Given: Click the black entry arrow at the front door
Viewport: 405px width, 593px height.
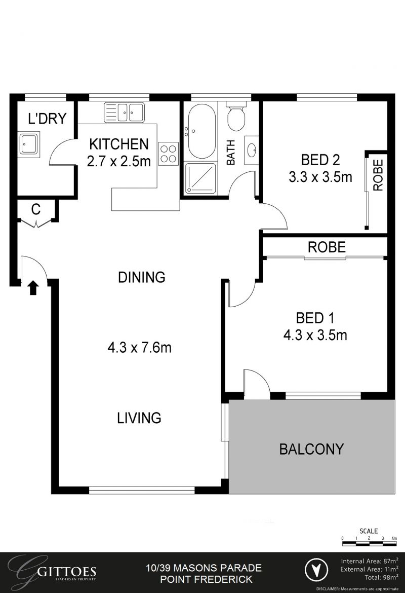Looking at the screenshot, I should (33, 288).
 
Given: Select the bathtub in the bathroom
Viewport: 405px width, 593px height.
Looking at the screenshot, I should (201, 131).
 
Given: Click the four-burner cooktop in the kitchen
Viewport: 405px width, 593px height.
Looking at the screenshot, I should (169, 154).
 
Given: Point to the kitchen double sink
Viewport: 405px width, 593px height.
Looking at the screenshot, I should (125, 112).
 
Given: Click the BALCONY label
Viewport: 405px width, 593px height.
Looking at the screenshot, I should (311, 449).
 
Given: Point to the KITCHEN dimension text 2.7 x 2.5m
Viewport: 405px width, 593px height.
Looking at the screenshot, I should (119, 162).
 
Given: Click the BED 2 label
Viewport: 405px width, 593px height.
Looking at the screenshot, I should (320, 160).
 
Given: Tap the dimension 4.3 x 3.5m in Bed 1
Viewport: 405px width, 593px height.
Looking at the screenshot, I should (314, 335).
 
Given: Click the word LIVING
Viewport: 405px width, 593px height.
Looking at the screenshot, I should (139, 418).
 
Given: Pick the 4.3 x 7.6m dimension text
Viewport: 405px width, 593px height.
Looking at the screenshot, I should (139, 348).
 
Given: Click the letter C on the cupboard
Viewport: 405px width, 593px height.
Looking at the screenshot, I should (36, 209).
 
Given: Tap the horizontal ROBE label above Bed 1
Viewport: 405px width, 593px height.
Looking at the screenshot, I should (327, 247).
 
